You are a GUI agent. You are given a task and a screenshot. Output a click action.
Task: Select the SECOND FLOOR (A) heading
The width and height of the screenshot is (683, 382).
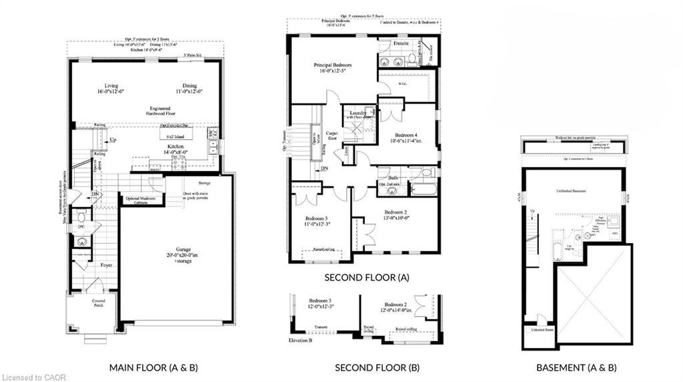[366, 276]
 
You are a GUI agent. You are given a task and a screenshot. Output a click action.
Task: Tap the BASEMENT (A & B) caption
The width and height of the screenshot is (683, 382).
[576, 367]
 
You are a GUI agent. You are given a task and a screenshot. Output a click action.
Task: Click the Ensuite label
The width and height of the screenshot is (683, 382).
[401, 44]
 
